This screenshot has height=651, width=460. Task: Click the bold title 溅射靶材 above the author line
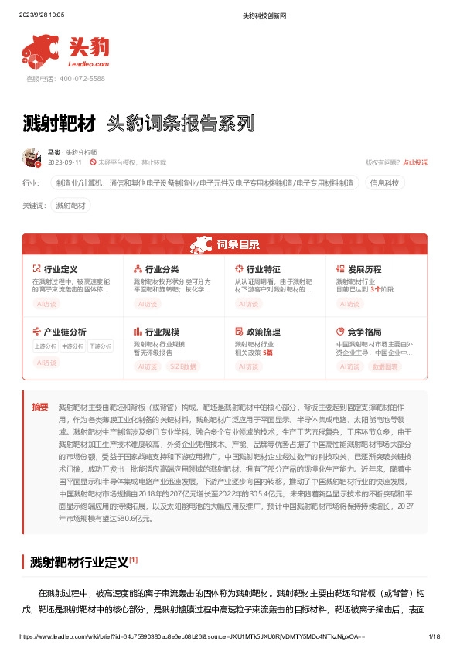click(x=60, y=124)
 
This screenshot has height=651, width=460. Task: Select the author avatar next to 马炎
click(x=32, y=158)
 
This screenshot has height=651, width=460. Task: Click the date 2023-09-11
click(x=65, y=163)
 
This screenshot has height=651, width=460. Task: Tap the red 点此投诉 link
click(x=414, y=163)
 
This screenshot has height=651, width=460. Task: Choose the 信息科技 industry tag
click(x=384, y=183)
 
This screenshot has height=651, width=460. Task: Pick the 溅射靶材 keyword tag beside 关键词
click(x=71, y=206)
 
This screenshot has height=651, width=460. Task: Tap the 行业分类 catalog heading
click(x=162, y=269)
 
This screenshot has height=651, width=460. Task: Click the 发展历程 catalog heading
click(x=364, y=269)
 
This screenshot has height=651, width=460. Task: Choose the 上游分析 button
click(x=45, y=346)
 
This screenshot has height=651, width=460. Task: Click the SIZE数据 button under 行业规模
click(x=184, y=366)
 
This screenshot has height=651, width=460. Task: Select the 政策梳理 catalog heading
click(x=263, y=331)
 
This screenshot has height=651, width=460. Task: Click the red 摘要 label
click(x=39, y=407)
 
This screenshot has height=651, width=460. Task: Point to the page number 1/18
click(x=434, y=636)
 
